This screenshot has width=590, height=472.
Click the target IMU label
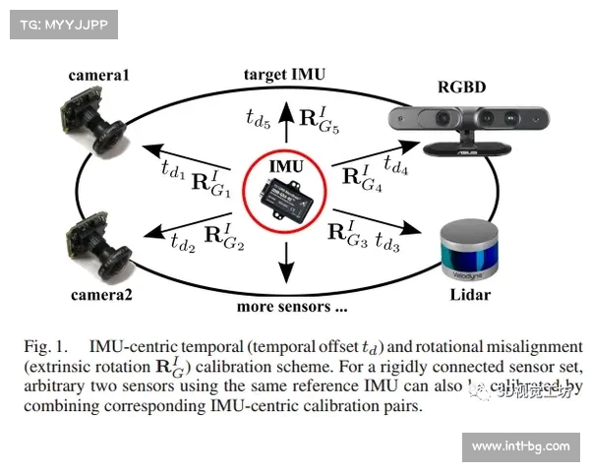[x=284, y=74]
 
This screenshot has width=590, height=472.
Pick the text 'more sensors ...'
[x=292, y=306]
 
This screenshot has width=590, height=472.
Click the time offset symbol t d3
[x=383, y=243]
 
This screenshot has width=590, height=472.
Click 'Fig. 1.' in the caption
[x=46, y=346]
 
